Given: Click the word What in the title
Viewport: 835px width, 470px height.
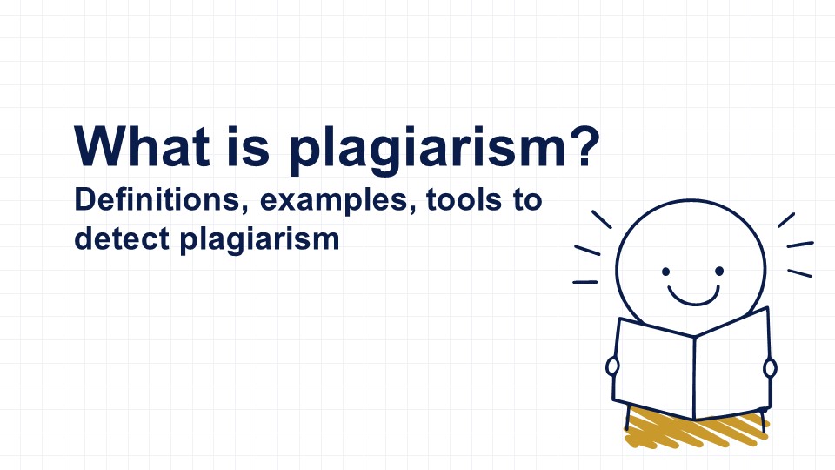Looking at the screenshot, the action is click(142, 146).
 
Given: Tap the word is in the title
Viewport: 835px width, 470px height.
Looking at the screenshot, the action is click(249, 146).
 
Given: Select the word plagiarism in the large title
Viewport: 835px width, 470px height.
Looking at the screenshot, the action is click(427, 151).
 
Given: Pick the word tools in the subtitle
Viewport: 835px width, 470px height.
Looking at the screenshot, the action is click(464, 200).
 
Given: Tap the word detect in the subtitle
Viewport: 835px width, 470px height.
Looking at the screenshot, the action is click(122, 238).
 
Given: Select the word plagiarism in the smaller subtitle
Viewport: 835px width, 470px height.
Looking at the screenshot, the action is click(259, 240).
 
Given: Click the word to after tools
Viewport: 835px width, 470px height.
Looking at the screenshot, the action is click(528, 200).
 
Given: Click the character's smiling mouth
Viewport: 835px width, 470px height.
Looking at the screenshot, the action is click(693, 296).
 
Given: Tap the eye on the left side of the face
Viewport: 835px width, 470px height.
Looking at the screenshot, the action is click(665, 272).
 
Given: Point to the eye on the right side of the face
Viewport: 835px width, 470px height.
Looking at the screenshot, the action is click(719, 272).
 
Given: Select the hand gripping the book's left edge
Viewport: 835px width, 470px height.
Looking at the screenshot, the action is click(612, 366).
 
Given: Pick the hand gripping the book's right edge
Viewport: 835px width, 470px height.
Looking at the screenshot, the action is click(770, 367).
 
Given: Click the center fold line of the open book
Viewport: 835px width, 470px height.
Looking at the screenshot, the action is click(694, 377).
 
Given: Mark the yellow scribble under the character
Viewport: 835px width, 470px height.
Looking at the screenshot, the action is click(695, 429).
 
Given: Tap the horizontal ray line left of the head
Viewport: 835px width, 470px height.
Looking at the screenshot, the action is click(585, 282).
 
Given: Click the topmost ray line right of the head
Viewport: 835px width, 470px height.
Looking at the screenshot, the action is click(786, 220).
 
